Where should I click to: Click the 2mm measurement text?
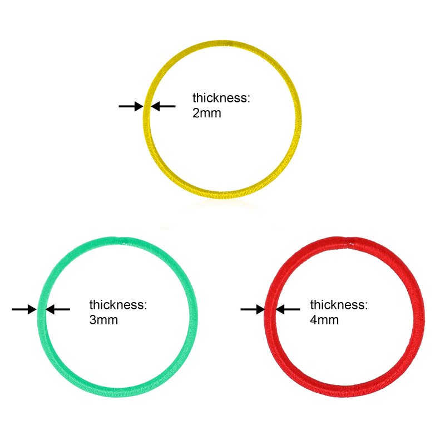[207, 113]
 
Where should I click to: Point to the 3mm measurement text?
[103, 320]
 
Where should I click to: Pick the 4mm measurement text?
[324, 320]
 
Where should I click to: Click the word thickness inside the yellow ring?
[221, 98]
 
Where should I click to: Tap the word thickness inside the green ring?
[118, 305]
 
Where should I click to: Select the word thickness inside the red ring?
[339, 305]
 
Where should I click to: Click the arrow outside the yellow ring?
[131, 106]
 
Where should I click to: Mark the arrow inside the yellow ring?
[164, 106]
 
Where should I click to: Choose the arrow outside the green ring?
[24, 309]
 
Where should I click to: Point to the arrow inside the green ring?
[58, 309]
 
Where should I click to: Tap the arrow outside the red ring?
[253, 309]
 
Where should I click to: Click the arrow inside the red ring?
[288, 309]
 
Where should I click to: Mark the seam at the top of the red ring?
[349, 240]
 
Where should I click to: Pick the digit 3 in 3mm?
[93, 320]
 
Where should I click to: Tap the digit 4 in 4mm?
[314, 320]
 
